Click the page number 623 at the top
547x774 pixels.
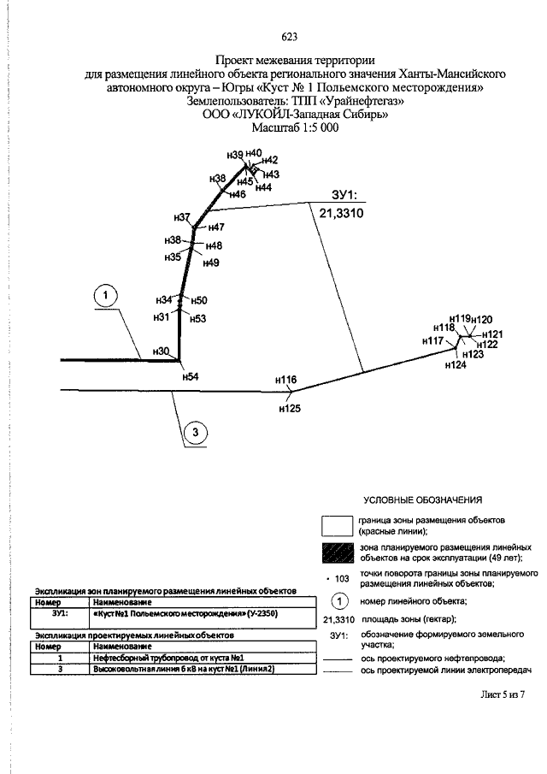(290, 37)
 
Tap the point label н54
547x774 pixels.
(191, 376)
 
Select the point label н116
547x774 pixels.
(286, 380)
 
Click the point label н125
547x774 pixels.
(290, 408)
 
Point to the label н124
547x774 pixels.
(456, 365)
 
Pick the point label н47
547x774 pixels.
(216, 227)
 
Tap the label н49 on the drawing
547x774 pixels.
(211, 263)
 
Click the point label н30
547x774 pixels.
(162, 352)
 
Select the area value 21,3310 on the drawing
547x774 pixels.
(341, 214)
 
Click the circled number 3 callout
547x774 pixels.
(196, 433)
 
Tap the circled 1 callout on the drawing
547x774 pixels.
(105, 296)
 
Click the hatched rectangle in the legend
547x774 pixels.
(338, 553)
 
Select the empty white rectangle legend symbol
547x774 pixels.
(338, 526)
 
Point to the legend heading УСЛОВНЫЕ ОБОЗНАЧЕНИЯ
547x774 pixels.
(423, 500)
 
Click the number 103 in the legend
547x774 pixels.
(342, 578)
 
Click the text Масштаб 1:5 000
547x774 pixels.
(296, 127)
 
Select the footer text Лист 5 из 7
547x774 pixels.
(503, 694)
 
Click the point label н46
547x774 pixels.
(238, 194)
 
